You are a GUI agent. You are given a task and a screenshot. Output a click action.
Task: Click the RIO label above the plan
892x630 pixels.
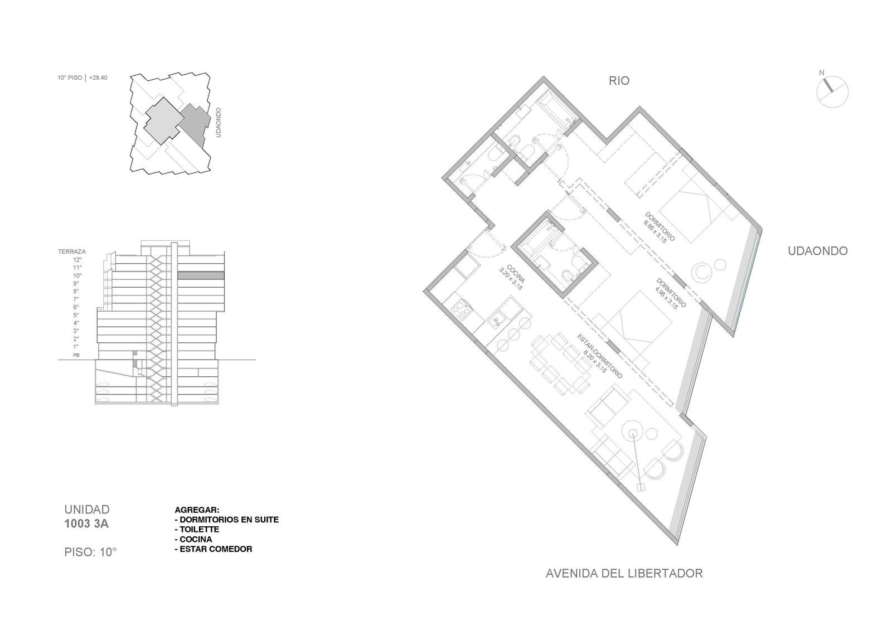[619, 81]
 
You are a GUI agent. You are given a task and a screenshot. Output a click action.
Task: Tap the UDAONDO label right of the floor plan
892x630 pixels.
[817, 251]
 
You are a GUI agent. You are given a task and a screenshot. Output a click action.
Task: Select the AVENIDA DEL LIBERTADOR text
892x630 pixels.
[624, 574]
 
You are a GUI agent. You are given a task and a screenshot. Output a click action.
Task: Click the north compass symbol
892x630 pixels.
[832, 91]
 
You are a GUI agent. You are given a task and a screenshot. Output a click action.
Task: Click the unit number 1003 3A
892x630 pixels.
[86, 524]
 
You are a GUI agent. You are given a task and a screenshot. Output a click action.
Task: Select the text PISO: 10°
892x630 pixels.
[90, 552]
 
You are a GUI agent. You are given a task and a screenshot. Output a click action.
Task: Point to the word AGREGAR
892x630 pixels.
[197, 510]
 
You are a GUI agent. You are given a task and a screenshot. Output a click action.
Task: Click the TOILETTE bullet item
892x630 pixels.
[197, 529]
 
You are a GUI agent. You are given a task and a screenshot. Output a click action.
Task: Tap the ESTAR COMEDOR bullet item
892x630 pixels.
[214, 549]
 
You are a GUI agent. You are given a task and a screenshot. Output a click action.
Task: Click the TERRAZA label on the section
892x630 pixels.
[72, 251]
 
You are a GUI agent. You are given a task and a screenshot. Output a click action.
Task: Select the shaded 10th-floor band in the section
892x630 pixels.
[201, 275]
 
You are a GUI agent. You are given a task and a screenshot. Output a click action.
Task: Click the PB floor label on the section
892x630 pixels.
[76, 355]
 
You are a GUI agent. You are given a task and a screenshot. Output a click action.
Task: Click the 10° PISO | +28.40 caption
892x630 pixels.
[83, 77]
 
